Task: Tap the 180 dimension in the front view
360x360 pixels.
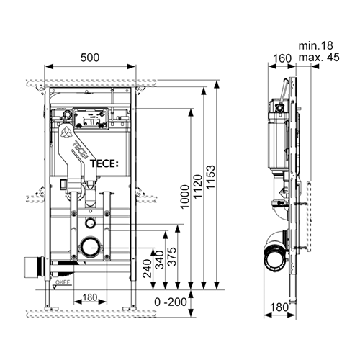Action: point(89,298)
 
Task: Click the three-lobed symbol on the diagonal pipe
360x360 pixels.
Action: point(66,134)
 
